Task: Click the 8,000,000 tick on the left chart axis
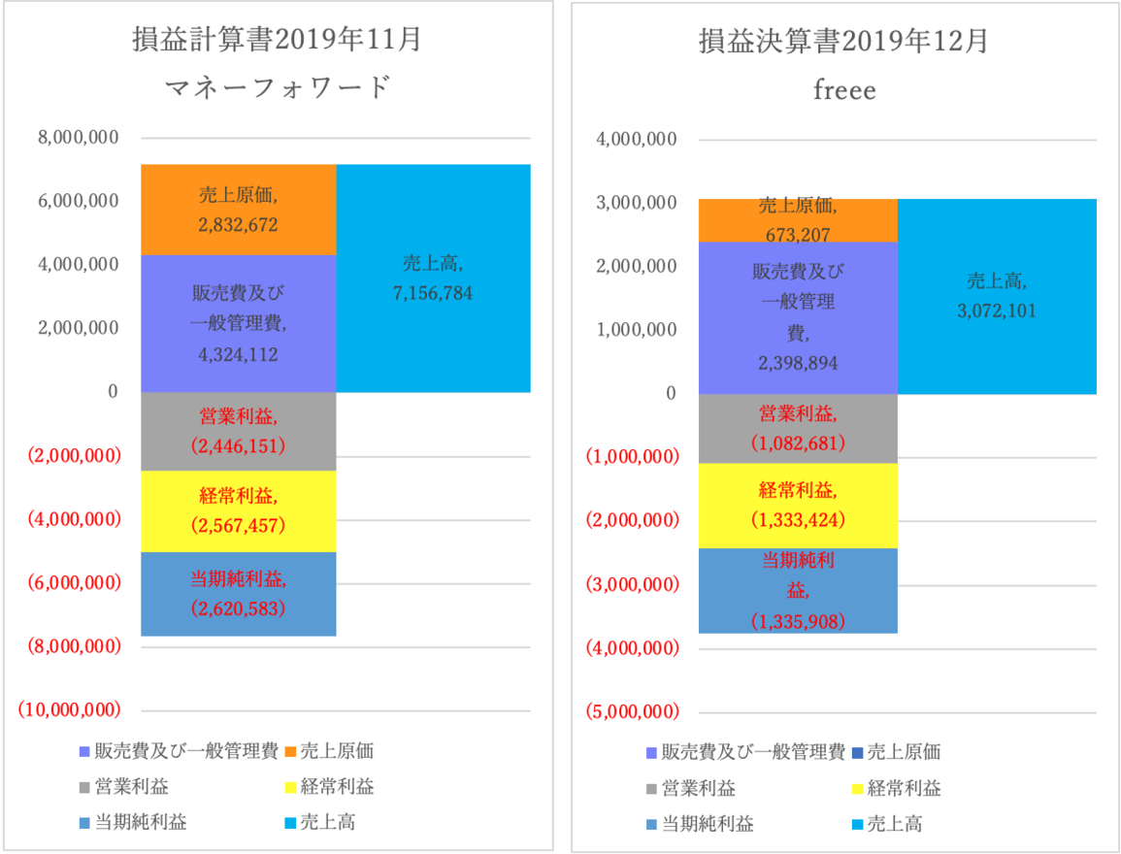(x=79, y=138)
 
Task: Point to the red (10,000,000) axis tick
(x=69, y=709)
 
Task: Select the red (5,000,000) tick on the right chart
(x=631, y=712)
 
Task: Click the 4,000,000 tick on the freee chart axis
(x=637, y=139)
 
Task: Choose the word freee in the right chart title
(x=844, y=91)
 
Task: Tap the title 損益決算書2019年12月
(x=844, y=42)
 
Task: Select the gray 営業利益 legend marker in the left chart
(x=83, y=788)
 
